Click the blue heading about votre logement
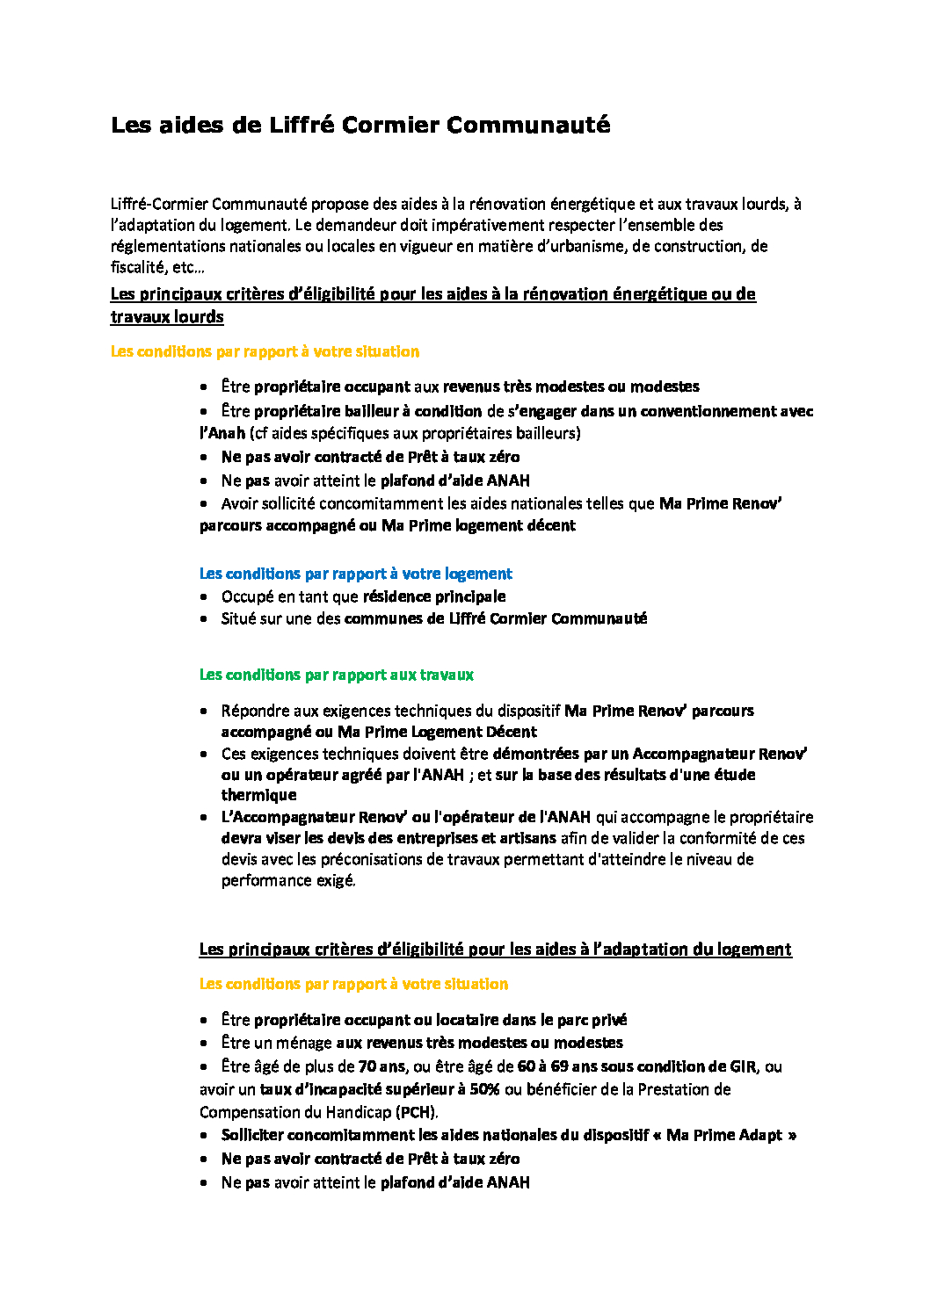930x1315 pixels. coord(355,574)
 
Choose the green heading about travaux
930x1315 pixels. coord(336,675)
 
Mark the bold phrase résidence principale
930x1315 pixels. coord(433,596)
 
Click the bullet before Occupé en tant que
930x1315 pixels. coord(204,596)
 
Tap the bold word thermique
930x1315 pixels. coord(258,795)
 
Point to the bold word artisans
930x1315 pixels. coord(527,838)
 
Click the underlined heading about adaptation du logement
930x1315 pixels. coord(495,949)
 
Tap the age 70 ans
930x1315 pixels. coord(381,1066)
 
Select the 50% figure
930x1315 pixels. coord(484,1089)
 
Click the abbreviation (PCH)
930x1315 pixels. coord(417,1112)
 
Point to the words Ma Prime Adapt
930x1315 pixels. coord(723,1135)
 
